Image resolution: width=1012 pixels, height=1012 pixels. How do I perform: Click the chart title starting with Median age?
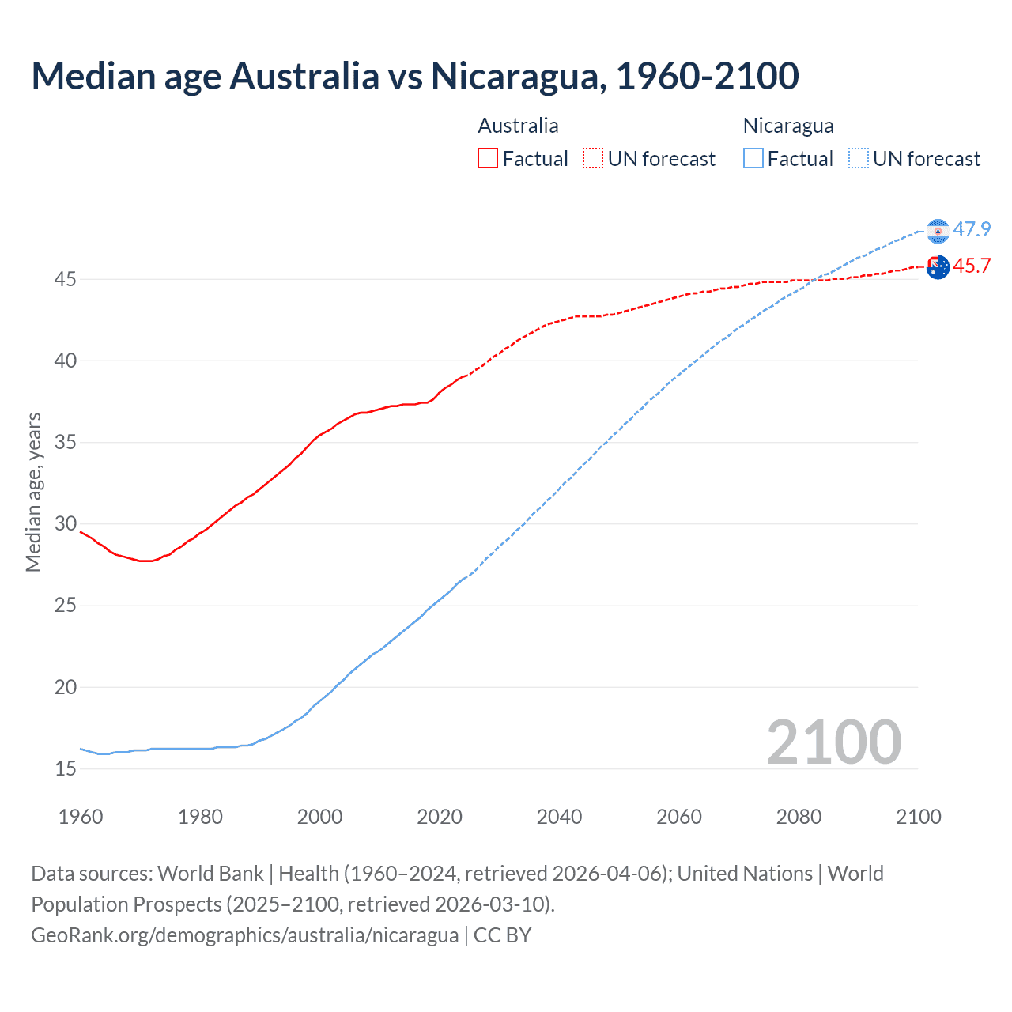(x=415, y=76)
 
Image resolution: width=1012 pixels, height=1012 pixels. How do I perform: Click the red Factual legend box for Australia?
(x=488, y=159)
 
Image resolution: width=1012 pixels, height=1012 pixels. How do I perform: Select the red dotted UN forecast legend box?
(x=593, y=159)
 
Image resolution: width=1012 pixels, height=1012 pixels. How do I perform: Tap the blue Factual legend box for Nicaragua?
(x=753, y=159)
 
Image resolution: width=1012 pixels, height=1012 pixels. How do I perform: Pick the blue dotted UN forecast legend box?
(x=859, y=159)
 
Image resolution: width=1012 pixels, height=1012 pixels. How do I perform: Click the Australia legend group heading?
(x=518, y=126)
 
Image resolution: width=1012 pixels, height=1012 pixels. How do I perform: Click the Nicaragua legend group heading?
(x=788, y=126)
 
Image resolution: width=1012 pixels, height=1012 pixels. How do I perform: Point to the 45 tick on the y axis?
(x=66, y=280)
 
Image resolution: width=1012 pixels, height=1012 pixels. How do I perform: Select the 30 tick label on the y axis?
(x=66, y=524)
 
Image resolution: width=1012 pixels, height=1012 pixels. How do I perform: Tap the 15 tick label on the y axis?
(x=66, y=768)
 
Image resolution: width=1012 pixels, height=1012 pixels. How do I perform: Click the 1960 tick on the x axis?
(x=81, y=817)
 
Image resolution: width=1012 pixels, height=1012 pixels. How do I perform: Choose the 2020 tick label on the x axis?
(x=440, y=817)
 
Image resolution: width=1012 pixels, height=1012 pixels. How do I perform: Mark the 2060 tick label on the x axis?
(x=679, y=817)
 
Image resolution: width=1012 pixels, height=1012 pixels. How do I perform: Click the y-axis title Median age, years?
(x=33, y=492)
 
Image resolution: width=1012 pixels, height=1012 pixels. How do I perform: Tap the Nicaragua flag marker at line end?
(x=938, y=231)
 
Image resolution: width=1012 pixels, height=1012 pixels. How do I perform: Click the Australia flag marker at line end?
(x=938, y=267)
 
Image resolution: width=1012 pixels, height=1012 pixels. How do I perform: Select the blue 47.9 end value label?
(x=972, y=229)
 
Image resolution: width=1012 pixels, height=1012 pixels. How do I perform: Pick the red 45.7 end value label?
(x=972, y=266)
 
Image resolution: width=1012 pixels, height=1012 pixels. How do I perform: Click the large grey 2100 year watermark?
(x=834, y=742)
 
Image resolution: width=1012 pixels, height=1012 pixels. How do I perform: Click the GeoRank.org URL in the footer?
(x=244, y=935)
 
